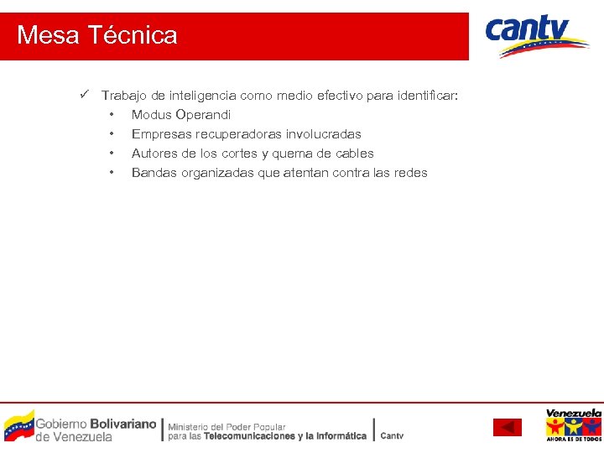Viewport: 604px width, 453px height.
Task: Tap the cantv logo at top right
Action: (536, 35)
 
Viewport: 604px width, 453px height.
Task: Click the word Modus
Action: (151, 115)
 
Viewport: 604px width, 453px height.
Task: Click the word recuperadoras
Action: (237, 134)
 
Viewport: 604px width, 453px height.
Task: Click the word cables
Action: (354, 154)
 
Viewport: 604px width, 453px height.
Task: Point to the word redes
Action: (411, 173)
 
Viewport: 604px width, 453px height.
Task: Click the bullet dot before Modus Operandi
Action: (111, 115)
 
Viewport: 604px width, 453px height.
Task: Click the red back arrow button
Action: (507, 428)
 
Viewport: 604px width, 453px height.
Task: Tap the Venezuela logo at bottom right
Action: (573, 424)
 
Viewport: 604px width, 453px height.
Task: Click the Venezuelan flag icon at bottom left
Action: (18, 425)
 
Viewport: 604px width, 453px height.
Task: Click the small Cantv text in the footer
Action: (392, 435)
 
